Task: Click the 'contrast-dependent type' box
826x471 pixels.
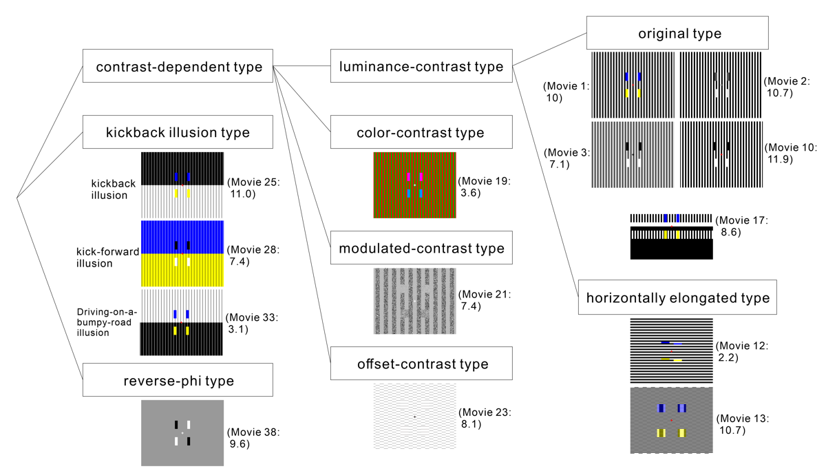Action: [178, 66]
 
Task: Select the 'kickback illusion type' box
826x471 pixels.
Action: [178, 132]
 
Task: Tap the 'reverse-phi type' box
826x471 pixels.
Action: [178, 379]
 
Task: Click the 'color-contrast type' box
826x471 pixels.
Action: [421, 132]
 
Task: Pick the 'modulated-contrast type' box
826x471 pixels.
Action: [421, 248]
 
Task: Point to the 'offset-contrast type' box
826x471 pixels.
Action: [421, 364]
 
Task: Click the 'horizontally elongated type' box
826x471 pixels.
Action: [677, 297]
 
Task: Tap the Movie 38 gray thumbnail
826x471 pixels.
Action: [182, 433]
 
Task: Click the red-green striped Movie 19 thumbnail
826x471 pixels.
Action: [415, 185]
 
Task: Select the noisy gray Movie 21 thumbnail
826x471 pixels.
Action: [415, 301]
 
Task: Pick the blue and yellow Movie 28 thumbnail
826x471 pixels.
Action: [182, 253]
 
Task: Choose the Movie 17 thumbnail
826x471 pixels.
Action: [671, 236]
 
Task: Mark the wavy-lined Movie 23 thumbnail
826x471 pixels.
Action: [415, 417]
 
